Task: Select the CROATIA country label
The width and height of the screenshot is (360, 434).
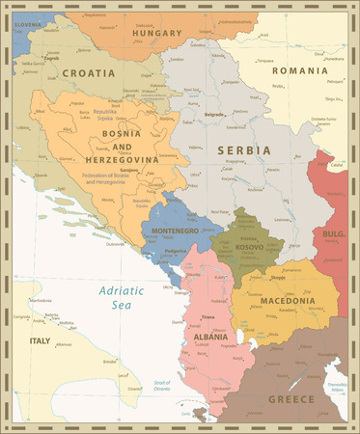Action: (87, 72)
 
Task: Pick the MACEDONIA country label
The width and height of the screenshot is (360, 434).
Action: (288, 301)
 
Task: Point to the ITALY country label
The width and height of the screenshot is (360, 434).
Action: (41, 340)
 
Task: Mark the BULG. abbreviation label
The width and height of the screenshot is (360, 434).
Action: (333, 233)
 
